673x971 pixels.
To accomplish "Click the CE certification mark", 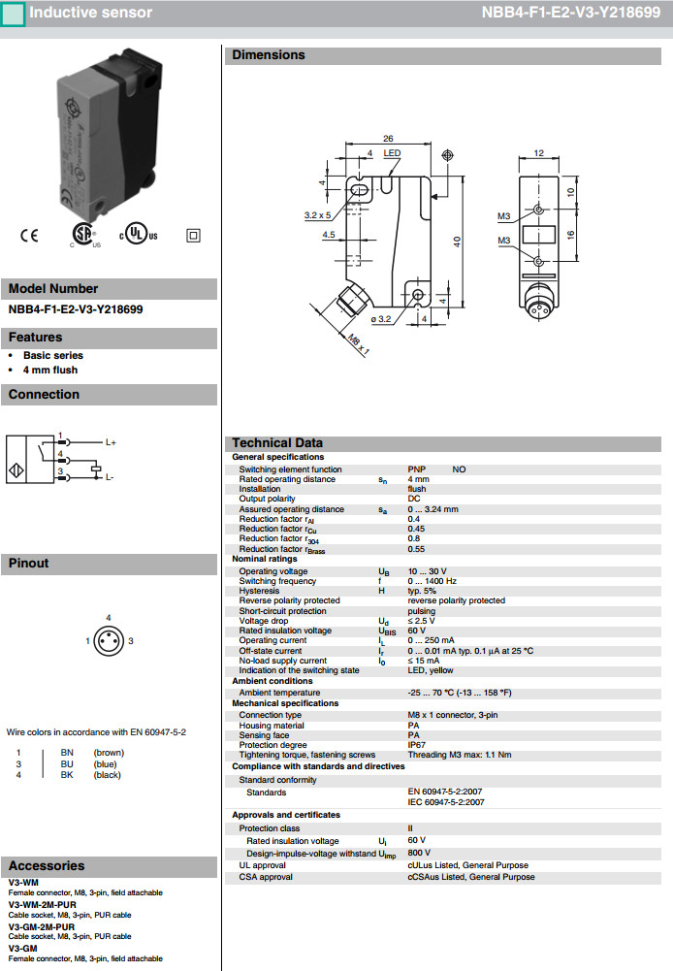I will (29, 236).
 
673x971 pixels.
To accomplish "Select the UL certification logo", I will (138, 236).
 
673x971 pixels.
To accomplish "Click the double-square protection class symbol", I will (192, 235).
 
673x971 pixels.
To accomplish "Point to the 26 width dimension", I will (388, 139).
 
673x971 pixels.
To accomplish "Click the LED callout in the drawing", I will (392, 153).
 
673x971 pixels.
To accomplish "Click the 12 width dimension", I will (539, 153).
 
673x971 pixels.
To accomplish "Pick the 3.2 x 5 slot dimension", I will (317, 215).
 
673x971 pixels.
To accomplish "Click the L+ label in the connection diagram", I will (112, 442).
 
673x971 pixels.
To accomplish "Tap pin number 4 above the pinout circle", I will (109, 618).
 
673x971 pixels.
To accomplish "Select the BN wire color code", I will (67, 752).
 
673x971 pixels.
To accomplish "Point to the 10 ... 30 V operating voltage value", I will (427, 571).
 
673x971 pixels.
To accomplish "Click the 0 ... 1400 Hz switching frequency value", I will (432, 581).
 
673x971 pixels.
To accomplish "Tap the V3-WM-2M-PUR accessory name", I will (43, 904).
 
